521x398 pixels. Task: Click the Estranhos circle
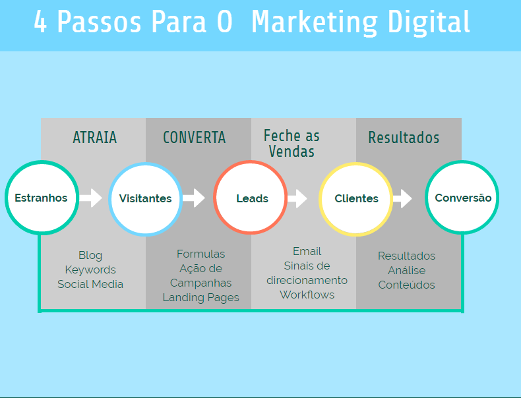[41, 198]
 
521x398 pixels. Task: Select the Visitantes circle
[145, 198]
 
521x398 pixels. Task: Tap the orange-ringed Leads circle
[251, 198]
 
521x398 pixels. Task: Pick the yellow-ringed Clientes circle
[356, 198]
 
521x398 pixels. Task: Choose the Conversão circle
[462, 198]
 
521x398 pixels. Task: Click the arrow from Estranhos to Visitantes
[91, 198]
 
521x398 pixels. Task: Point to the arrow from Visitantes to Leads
[193, 198]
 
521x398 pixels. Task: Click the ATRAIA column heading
[94, 138]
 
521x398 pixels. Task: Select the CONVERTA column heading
[194, 138]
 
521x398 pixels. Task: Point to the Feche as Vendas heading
[291, 144]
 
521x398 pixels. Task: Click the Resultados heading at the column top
[404, 138]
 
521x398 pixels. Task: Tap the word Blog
[90, 255]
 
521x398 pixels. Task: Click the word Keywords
[90, 270]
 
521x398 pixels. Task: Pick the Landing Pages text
[201, 298]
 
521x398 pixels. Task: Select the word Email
[307, 251]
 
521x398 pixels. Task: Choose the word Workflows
[307, 295]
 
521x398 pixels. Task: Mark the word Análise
[406, 270]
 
